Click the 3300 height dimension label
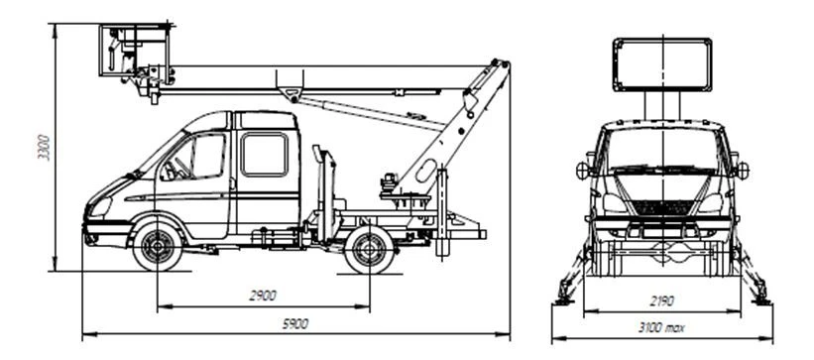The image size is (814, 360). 45,148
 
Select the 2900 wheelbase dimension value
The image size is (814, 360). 263,296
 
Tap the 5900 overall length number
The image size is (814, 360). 294,324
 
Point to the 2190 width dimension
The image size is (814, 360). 662,301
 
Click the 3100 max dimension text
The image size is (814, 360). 662,328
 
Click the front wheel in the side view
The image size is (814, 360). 158,246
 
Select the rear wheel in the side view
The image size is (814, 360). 369,250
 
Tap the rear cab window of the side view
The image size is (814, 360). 265,155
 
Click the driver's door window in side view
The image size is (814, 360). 193,157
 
